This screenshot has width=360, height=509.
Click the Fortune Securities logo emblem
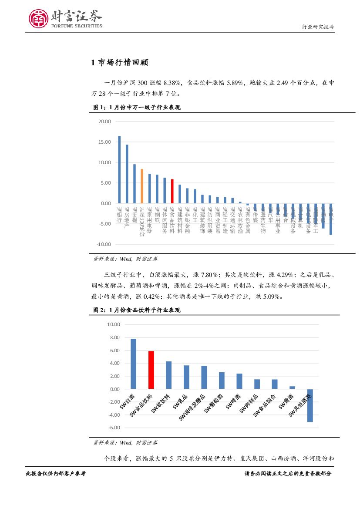pos(39,19)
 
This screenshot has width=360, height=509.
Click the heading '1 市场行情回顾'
pos(120,63)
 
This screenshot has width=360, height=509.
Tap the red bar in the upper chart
pos(172,191)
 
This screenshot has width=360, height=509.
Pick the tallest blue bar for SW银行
pos(119,169)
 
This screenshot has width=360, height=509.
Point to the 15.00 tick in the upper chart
pos(105,142)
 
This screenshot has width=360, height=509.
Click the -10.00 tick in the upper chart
pos(104,244)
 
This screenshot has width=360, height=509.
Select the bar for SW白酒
pos(133,364)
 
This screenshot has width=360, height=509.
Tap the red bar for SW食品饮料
pos(151,370)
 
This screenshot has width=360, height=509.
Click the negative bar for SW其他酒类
pos(310,405)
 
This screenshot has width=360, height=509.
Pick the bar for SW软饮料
pos(168,375)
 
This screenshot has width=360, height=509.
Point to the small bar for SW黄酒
pos(292,388)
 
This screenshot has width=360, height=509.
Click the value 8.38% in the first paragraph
pos(160,82)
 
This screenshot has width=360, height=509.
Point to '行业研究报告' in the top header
pos(318,27)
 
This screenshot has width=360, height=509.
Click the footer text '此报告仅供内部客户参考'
pos(55,473)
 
